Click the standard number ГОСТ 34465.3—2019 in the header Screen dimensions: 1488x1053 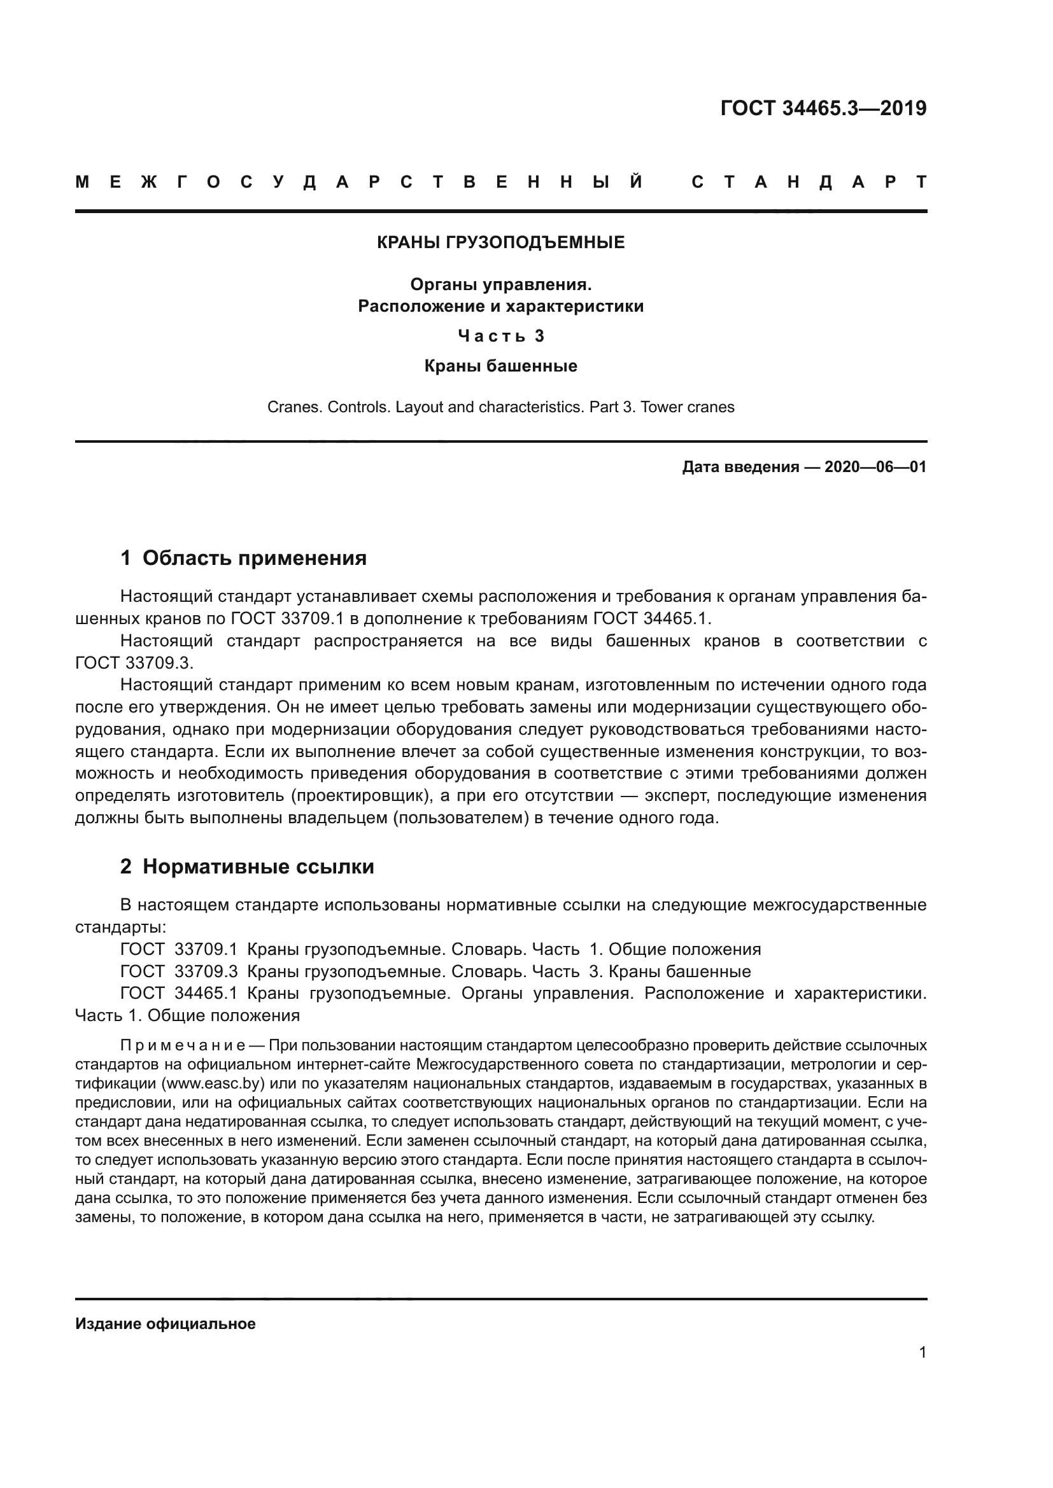(823, 108)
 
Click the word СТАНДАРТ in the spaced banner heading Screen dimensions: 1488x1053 (809, 182)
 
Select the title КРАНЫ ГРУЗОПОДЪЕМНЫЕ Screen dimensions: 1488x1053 (500, 242)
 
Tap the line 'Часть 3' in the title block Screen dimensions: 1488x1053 (500, 336)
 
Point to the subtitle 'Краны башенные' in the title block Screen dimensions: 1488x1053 (500, 366)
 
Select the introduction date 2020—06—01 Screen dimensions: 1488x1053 (875, 466)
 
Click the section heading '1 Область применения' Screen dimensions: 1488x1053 (243, 558)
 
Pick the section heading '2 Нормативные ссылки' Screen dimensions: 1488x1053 (247, 867)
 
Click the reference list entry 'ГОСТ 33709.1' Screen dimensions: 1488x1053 (179, 949)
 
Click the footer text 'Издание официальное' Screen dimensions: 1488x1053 (166, 1324)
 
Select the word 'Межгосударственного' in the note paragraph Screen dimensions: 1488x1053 (502, 1064)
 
